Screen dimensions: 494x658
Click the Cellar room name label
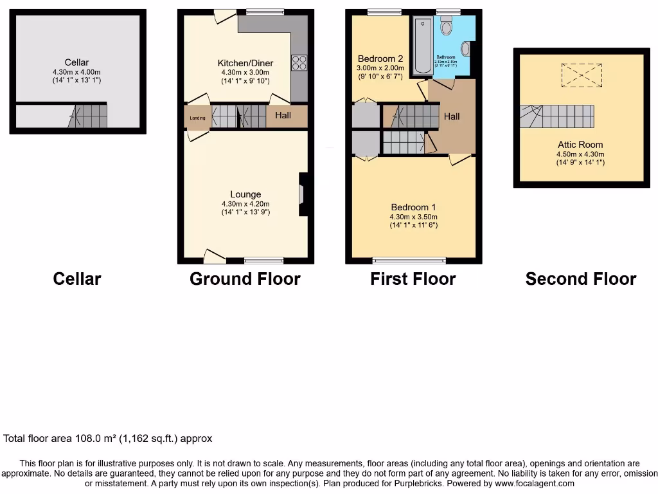click(76, 62)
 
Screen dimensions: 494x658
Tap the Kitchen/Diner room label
click(245, 63)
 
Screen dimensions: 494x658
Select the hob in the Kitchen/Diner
click(299, 62)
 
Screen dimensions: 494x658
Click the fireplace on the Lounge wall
click(303, 194)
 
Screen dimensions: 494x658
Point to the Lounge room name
click(245, 194)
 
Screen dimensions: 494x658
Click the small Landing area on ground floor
click(197, 118)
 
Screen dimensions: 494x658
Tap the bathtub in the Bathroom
click(423, 46)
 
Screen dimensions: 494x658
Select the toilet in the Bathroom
click(447, 26)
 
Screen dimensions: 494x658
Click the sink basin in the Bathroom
click(465, 50)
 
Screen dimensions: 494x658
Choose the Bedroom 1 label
click(413, 207)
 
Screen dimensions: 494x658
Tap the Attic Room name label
click(580, 145)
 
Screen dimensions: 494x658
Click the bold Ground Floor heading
click(245, 279)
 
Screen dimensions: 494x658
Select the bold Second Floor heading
click(580, 279)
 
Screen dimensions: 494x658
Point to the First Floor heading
click(413, 279)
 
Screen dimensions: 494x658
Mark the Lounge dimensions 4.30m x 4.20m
click(245, 203)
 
